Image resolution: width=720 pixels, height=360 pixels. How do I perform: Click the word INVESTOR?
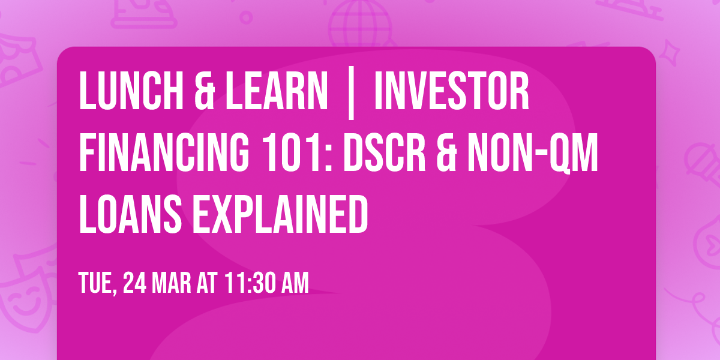pos(451,91)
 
